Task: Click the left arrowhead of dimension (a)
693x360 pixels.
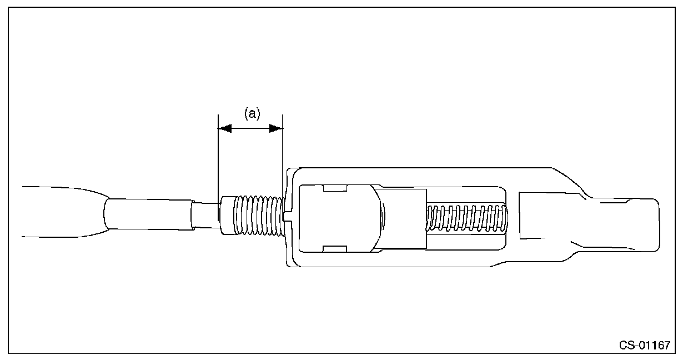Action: tap(224, 128)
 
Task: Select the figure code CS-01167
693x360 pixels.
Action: tap(645, 345)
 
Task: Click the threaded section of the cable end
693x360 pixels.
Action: tap(259, 216)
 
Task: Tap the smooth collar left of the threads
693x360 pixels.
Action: tap(227, 216)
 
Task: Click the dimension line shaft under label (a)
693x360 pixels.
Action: tap(250, 128)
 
